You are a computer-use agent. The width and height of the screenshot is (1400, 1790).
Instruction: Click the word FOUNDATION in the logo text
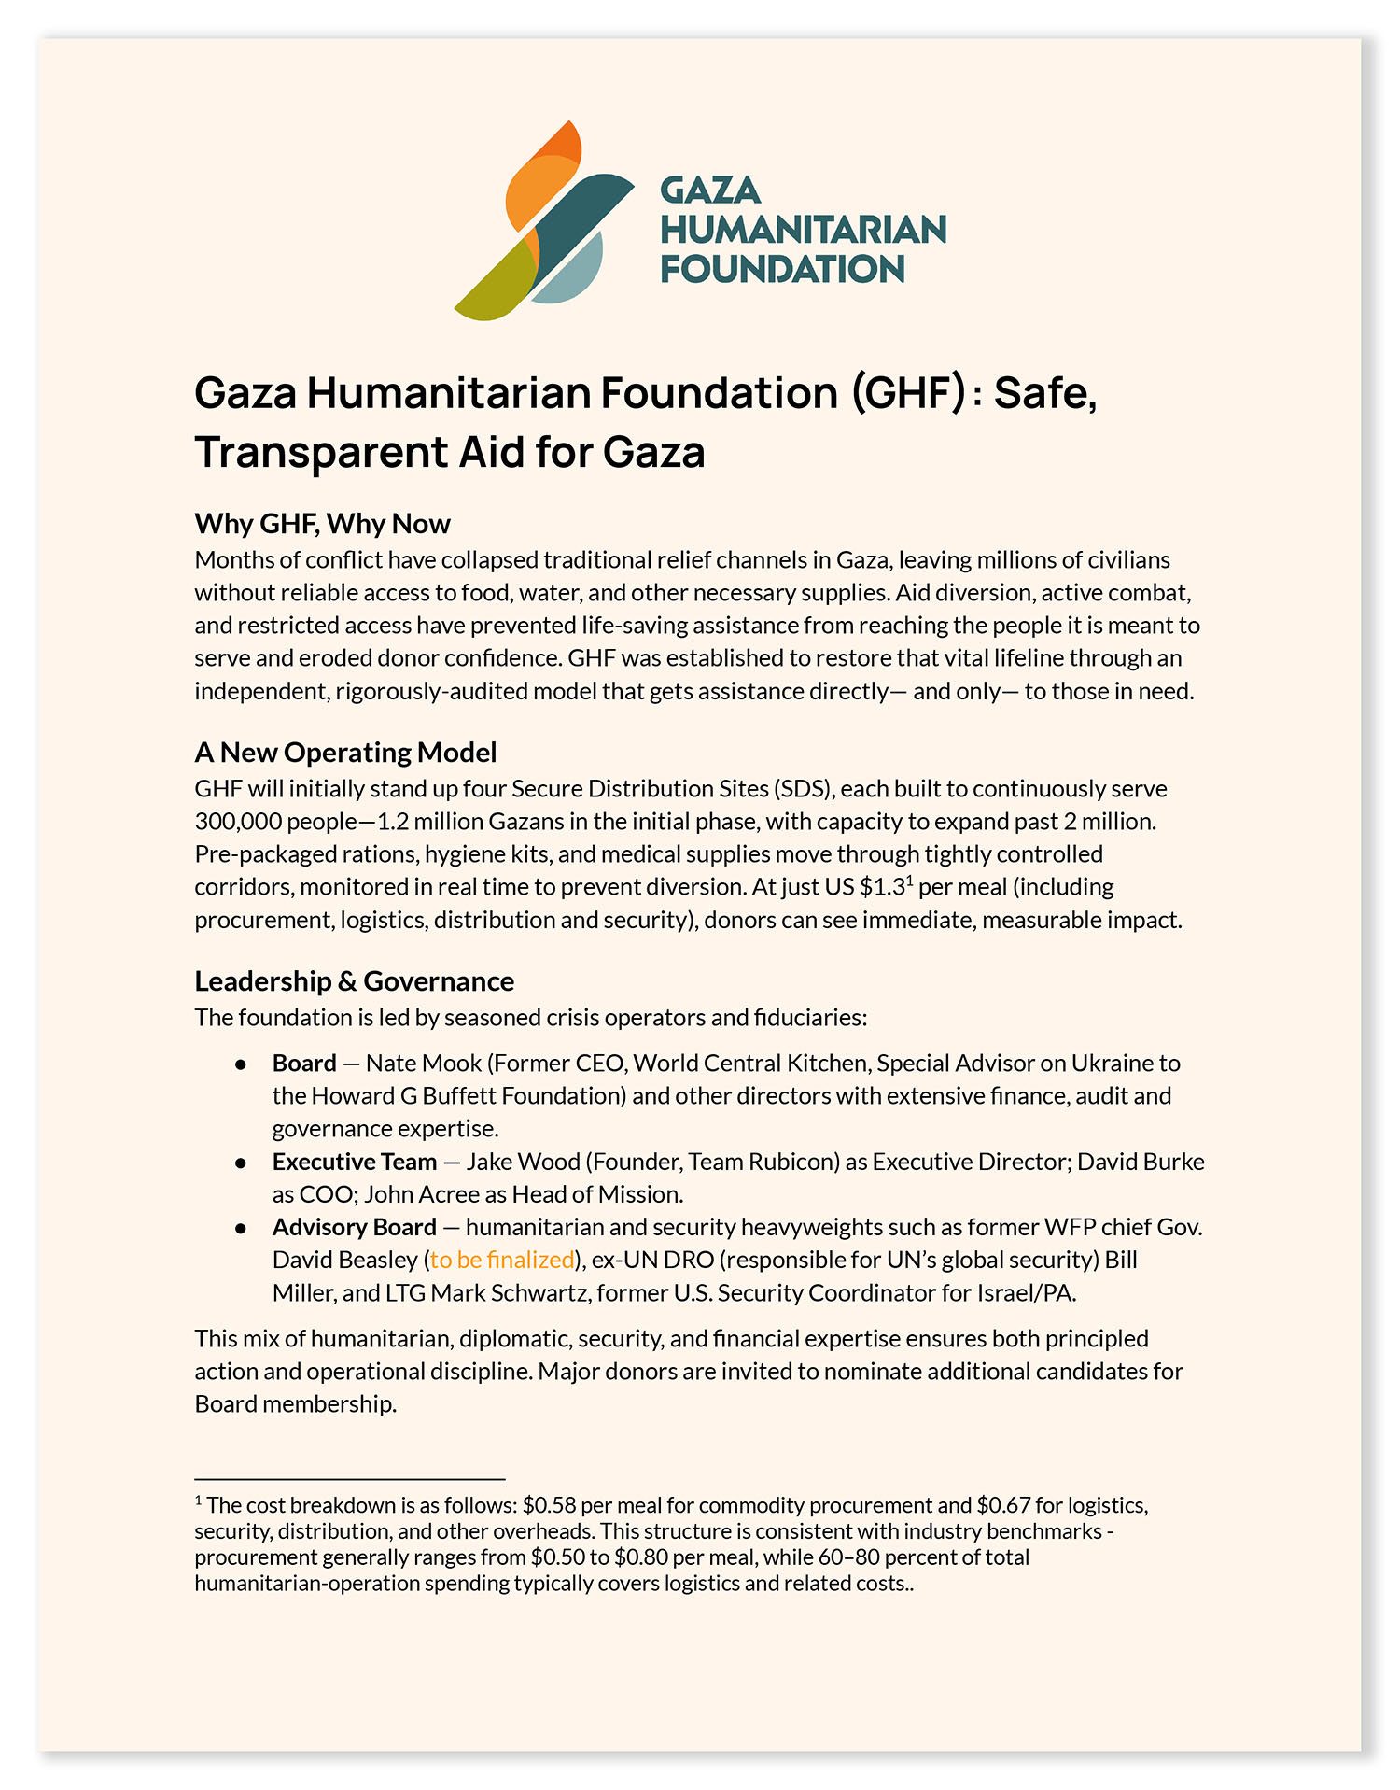782,270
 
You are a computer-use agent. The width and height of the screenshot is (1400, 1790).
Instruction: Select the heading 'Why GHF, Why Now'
322,524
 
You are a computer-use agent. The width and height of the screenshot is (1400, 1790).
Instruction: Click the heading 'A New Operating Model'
345,753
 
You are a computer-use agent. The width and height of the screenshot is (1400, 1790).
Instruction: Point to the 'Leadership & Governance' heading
354,981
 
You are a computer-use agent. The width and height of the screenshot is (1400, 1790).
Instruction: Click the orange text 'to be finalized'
502,1260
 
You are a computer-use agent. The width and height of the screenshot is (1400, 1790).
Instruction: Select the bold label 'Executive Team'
354,1162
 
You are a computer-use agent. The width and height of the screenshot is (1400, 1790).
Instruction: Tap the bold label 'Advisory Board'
354,1227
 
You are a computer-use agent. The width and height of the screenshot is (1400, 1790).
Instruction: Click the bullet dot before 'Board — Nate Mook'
241,1064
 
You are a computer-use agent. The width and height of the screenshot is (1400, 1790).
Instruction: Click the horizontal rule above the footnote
349,1479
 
